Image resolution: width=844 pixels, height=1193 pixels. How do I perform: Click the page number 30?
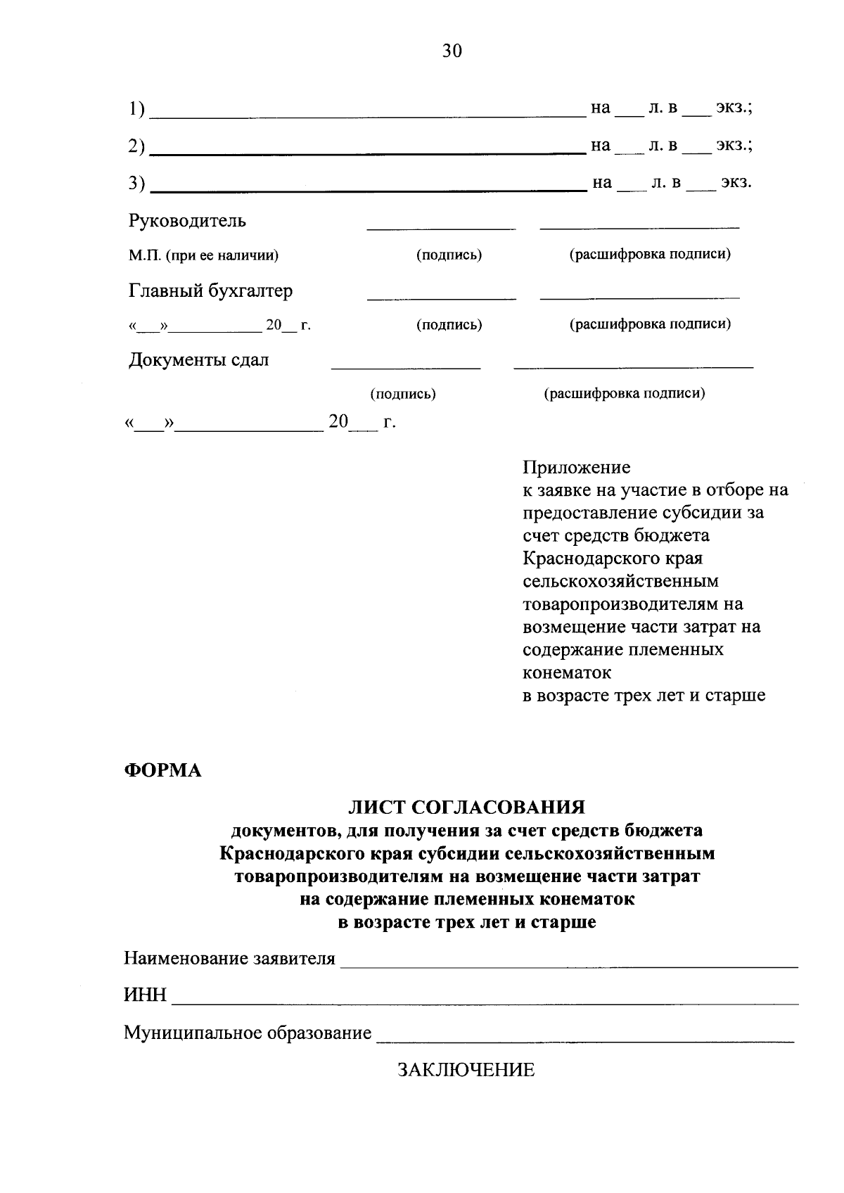452,51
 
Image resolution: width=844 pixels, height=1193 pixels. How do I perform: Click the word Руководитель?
187,221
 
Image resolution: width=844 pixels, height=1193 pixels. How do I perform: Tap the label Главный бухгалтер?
210,291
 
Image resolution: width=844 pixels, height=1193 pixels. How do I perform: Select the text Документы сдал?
198,360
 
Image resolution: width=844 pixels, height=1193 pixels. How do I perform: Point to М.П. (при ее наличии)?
203,255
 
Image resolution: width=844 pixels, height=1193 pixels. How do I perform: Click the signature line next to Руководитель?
441,229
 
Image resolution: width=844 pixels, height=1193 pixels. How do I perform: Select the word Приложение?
577,467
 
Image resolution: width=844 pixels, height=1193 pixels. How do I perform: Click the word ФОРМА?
163,771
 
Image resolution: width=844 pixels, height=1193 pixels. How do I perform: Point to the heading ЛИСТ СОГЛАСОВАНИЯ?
467,807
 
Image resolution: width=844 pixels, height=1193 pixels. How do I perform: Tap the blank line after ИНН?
485,1003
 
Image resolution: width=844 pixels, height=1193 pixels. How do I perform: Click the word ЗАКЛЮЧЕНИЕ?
466,1071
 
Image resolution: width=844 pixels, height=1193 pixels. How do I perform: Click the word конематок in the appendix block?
568,672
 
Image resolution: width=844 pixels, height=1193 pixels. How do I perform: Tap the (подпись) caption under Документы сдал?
403,394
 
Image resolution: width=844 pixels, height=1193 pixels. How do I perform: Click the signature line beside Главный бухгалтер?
441,299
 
